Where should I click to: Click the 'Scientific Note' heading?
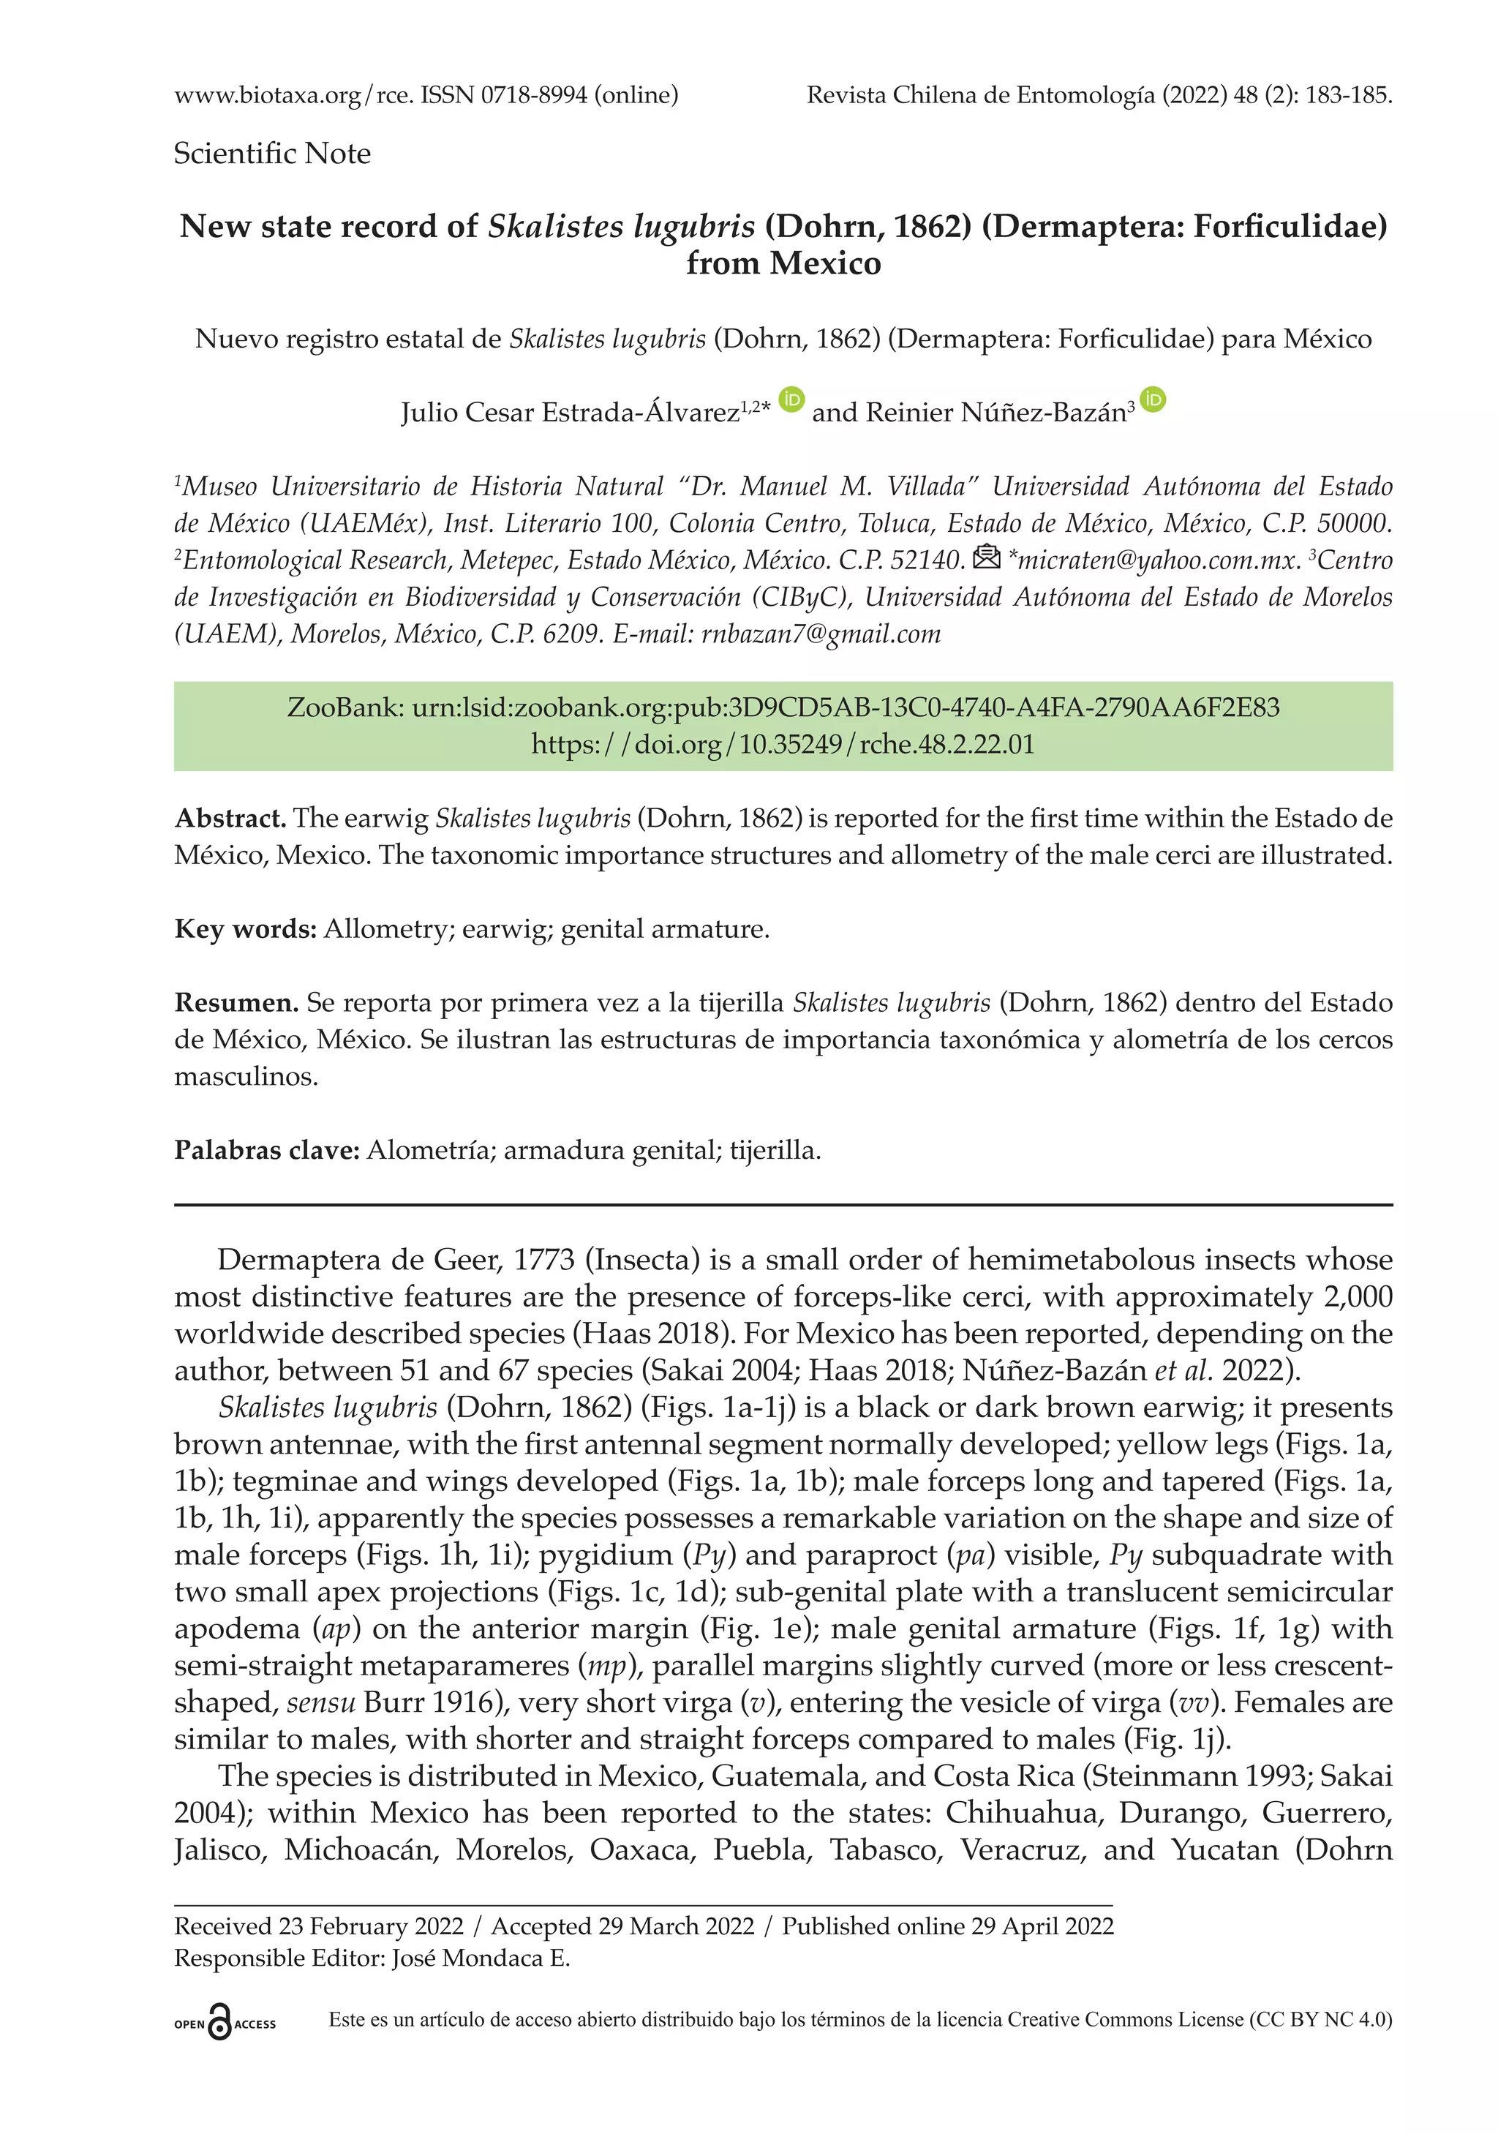(271, 154)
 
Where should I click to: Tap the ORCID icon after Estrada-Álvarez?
(791, 399)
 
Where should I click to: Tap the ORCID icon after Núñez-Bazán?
(1152, 399)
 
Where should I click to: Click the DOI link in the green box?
(783, 745)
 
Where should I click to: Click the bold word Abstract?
(230, 819)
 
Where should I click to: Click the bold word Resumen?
(236, 1003)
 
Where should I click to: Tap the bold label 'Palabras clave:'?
(267, 1151)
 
